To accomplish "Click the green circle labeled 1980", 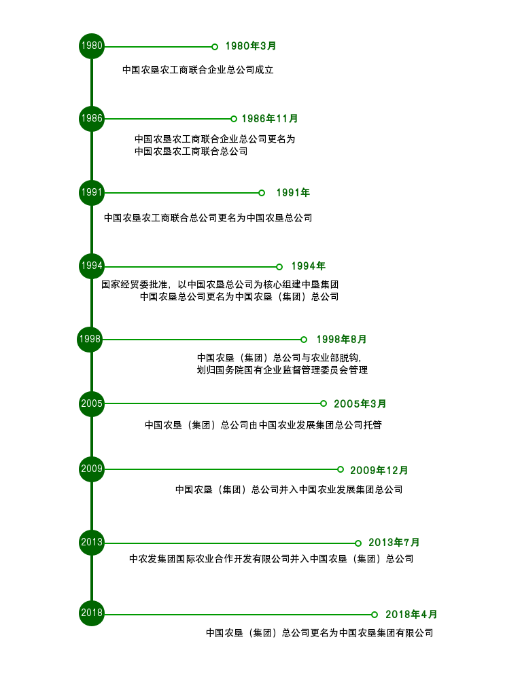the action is click(92, 46).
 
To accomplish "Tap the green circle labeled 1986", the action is click(92, 119).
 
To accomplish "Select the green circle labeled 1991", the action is click(92, 192).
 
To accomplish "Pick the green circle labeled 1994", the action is click(92, 266).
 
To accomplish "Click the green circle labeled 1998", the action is click(90, 339).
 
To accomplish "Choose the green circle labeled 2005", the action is click(92, 403).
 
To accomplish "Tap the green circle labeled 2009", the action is click(92, 469).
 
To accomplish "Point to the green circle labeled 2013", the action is click(92, 543).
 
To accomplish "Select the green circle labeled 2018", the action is click(92, 613).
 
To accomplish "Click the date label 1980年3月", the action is click(251, 46).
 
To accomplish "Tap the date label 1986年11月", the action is click(270, 119).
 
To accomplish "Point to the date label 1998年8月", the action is click(341, 339).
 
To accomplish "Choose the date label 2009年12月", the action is click(379, 470).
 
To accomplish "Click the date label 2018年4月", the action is click(411, 614).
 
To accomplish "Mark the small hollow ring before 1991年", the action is click(261, 193).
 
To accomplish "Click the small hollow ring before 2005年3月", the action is click(324, 403).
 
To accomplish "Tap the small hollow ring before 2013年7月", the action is click(358, 543).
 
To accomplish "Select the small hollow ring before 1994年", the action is click(279, 267).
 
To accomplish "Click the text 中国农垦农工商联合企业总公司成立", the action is click(198, 70).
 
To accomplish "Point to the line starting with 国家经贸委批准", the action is click(220, 285).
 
